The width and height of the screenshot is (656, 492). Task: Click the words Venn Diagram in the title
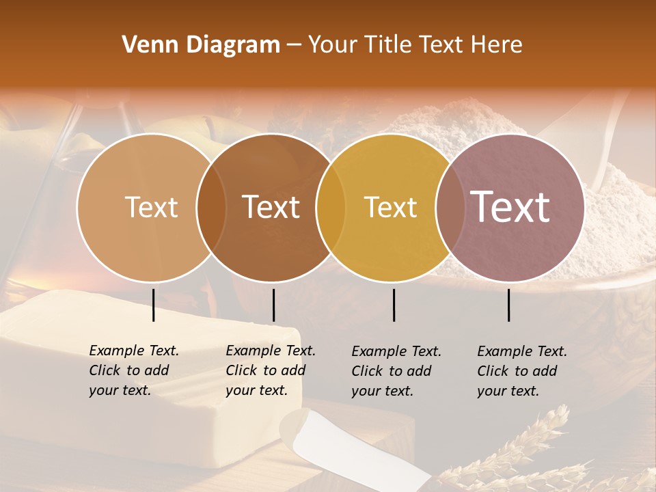point(201,45)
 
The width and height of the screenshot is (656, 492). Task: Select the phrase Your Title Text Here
point(415,45)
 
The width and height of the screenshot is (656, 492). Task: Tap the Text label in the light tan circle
point(151,207)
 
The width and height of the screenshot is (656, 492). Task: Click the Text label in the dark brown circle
point(271,207)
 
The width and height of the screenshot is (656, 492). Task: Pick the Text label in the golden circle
point(390,207)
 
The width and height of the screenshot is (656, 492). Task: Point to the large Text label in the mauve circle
point(510,206)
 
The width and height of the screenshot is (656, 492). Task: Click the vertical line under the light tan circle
point(153,305)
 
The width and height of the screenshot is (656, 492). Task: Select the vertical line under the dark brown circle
point(273,305)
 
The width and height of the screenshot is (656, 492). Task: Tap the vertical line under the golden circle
point(394,305)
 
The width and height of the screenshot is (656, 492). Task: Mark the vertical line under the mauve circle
point(508,305)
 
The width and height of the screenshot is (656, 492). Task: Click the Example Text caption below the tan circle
point(133,370)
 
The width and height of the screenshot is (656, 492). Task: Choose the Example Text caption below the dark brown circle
point(270,370)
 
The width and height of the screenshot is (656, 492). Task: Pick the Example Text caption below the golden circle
point(396,371)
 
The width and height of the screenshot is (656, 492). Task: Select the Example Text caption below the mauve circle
point(521,371)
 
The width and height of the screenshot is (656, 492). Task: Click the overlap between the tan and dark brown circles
point(211,207)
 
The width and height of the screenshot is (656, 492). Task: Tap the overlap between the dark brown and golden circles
point(331,207)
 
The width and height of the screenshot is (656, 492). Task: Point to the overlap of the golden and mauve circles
point(449,207)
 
